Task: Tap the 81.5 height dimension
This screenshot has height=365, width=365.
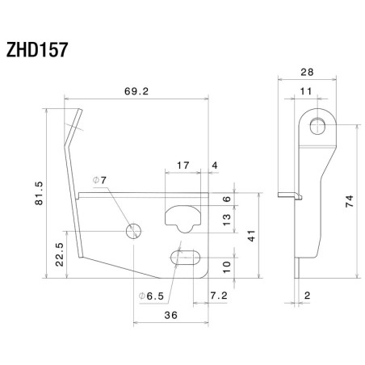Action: click(37, 194)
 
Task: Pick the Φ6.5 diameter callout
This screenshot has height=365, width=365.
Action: click(152, 296)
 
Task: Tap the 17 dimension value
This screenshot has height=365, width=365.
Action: click(182, 166)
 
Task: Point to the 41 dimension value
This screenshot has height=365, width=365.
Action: click(250, 237)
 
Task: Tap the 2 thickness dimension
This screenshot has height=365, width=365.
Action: click(308, 296)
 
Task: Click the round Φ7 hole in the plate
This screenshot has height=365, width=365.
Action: click(133, 232)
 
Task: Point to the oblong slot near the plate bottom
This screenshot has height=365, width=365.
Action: click(185, 258)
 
